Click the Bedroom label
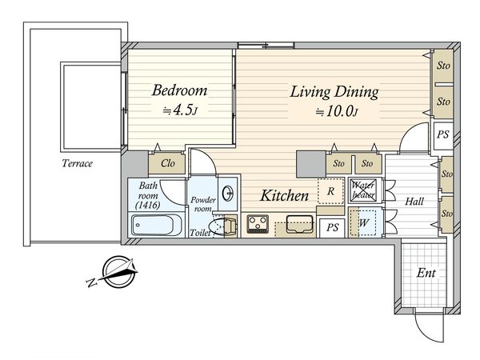coord(180,90)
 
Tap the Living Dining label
coord(334,92)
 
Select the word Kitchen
coord(284,196)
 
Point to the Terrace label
coord(77,163)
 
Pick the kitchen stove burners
coord(258,224)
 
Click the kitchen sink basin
coord(300,224)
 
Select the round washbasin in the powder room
coord(228,194)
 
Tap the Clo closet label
coord(168,163)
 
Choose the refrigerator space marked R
coord(330,191)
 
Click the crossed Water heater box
coord(363,190)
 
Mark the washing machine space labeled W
coord(363,222)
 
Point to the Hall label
coord(414,202)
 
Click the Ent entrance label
coord(426,273)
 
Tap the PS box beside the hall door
coord(443,134)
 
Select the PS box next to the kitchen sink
coord(332,227)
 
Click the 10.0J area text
coord(337,112)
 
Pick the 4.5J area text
coord(180,110)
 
